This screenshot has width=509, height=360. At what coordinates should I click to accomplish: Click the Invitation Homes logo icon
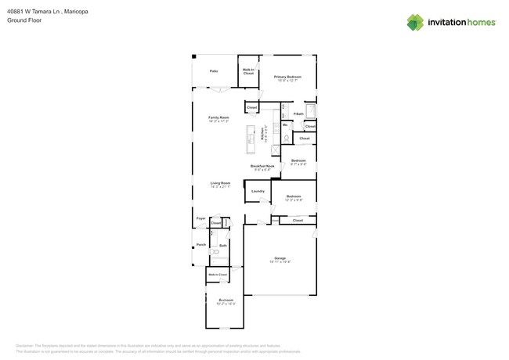[x=415, y=22]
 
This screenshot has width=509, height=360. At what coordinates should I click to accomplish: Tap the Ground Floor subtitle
[x=23, y=21]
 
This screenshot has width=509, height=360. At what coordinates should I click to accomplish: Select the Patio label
[x=214, y=71]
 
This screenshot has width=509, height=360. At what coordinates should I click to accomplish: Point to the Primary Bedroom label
[x=287, y=77]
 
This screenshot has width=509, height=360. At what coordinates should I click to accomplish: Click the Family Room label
[x=218, y=118]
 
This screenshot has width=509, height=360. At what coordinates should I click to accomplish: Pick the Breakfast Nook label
[x=262, y=167]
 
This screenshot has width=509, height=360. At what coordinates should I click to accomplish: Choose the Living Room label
[x=220, y=184]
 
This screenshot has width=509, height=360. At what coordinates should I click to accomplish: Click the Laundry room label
[x=258, y=191]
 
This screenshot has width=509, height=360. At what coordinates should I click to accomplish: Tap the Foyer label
[x=200, y=218]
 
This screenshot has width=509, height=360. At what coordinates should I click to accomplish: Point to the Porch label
[x=201, y=245]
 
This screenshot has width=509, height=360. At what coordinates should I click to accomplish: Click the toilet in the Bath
[x=215, y=252]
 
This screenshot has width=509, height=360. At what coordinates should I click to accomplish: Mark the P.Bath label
[x=298, y=114]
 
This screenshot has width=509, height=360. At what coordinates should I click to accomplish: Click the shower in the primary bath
[x=309, y=110]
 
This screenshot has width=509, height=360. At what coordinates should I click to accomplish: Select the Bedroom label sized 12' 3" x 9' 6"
[x=294, y=197]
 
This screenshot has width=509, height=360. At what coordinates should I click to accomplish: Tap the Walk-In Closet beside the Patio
[x=248, y=71]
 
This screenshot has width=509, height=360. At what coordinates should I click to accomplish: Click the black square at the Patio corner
[x=194, y=57]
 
